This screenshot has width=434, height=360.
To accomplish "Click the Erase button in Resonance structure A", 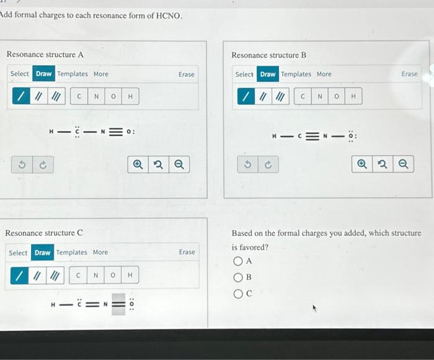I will click(186, 74).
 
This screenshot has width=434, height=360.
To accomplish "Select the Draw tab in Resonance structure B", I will click(268, 74).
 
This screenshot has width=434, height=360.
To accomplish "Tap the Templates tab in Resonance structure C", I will click(72, 253).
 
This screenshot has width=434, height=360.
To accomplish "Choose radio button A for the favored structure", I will click(237, 261).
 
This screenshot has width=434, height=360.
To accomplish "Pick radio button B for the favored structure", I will click(237, 277).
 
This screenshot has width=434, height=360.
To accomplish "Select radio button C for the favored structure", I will click(237, 294).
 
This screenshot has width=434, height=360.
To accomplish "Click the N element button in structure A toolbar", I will click(96, 96).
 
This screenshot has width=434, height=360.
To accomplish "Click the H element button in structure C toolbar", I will click(130, 274).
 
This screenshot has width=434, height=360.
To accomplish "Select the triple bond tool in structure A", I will click(56, 96).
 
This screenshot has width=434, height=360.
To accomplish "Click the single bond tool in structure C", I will click(19, 274).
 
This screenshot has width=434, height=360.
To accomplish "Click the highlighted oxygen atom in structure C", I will click(118, 304).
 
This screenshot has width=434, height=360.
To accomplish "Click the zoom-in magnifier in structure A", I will click(138, 164).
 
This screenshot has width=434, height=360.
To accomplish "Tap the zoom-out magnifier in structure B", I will click(404, 164).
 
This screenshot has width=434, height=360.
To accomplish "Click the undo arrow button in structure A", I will click(22, 164).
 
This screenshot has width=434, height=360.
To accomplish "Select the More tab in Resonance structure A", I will click(100, 74).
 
